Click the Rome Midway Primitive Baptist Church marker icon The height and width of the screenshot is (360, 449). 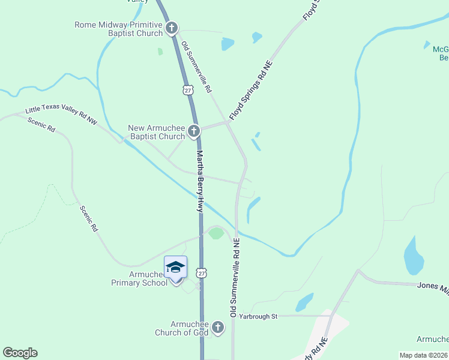(172, 28)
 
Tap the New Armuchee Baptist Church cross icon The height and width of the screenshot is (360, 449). (193, 131)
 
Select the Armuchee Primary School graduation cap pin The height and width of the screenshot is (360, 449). (175, 268)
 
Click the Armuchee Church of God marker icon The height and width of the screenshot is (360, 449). (217, 328)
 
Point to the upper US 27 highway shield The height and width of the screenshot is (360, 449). (188, 89)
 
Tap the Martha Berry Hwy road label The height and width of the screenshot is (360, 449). (200, 181)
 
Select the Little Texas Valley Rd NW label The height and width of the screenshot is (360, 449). (61, 116)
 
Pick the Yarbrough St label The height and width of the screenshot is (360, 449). (258, 316)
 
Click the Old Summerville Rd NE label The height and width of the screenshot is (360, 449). (235, 277)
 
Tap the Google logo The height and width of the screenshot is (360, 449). (20, 353)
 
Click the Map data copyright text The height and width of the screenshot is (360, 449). (424, 355)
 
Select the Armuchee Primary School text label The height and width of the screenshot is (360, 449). (139, 278)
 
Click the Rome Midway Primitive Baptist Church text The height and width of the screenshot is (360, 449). (118, 29)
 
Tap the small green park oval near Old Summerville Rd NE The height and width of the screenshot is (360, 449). (215, 233)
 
